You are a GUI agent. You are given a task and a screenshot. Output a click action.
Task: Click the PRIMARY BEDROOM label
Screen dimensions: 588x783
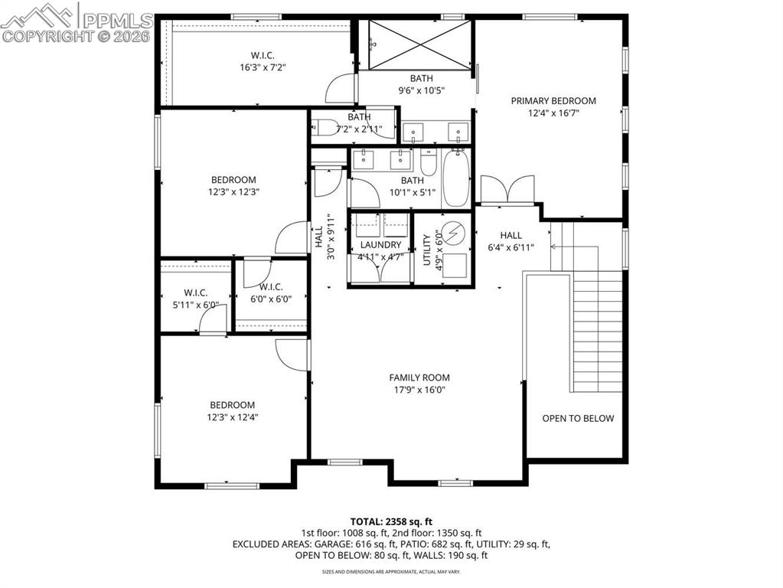tap(553, 100)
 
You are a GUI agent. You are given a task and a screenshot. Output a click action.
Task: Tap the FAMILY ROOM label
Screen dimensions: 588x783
tap(419, 377)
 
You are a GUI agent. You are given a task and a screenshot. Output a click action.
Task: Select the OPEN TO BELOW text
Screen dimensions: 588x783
tap(578, 418)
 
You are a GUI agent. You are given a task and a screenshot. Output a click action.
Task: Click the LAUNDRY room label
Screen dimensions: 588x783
tap(381, 245)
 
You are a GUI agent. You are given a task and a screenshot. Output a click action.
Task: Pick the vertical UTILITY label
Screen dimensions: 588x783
tap(427, 250)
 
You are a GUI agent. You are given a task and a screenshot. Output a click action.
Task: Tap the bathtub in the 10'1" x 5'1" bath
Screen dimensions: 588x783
tap(458, 179)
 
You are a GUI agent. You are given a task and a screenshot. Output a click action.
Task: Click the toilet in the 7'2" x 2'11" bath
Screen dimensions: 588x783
tap(325, 129)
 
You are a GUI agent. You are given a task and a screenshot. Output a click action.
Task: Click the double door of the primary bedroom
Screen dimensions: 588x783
tap(507, 189)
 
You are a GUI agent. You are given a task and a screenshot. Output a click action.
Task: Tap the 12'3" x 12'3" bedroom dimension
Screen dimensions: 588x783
tap(233, 192)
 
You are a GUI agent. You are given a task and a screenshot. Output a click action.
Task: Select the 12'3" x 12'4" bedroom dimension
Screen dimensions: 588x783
tap(233, 417)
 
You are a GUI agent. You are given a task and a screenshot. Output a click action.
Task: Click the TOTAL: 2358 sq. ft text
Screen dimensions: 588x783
tap(391, 520)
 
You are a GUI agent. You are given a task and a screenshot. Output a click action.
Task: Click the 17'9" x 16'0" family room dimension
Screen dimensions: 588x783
tap(419, 390)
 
